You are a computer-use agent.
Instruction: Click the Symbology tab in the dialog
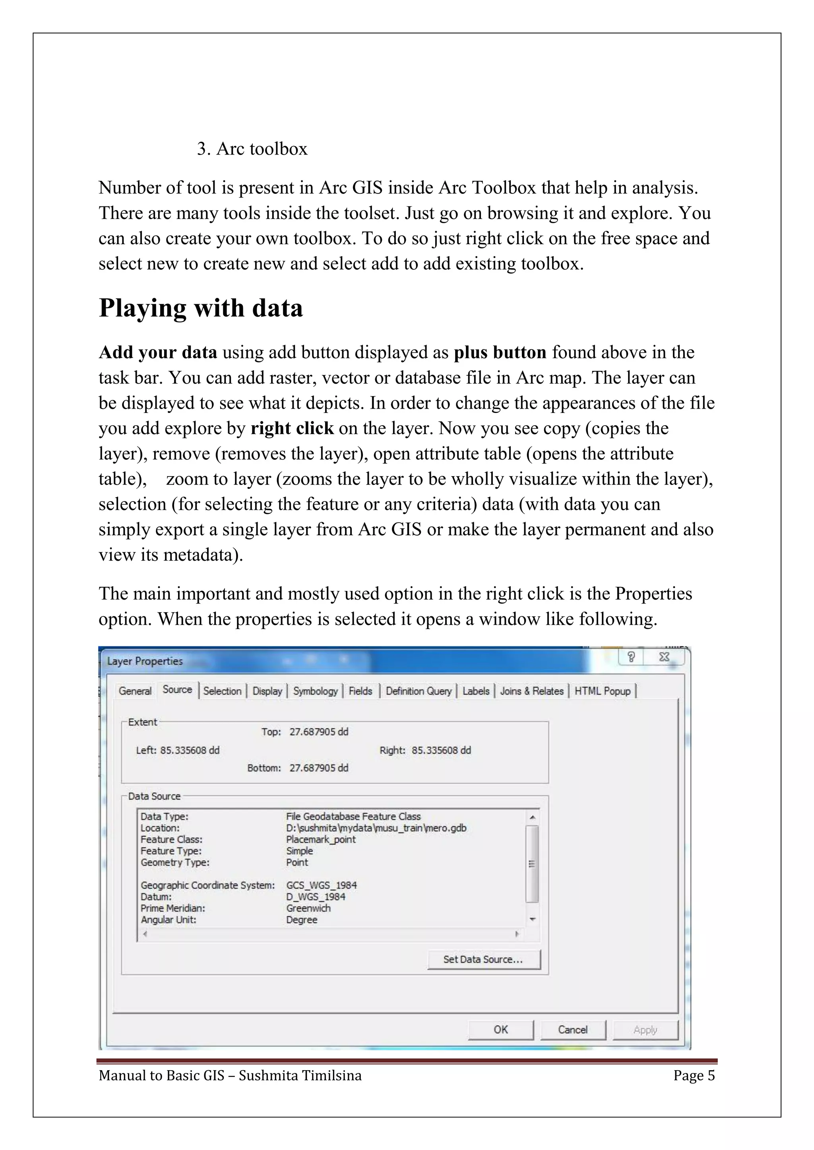click(x=315, y=691)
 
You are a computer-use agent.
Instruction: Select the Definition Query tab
click(x=419, y=691)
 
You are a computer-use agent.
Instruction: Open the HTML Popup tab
click(x=603, y=691)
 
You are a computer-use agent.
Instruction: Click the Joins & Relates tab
click(x=532, y=691)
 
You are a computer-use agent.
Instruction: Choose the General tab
click(x=135, y=691)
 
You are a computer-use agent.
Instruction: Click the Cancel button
click(x=573, y=1030)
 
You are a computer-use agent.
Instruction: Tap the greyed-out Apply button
click(x=645, y=1030)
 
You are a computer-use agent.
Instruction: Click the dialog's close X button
click(x=664, y=657)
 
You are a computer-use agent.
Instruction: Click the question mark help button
click(x=631, y=657)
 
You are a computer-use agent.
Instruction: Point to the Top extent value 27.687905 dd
click(x=319, y=732)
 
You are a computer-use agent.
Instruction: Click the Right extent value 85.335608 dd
click(x=441, y=750)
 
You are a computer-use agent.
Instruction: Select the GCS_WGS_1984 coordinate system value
click(x=321, y=886)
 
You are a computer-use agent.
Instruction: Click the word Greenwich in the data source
click(x=308, y=908)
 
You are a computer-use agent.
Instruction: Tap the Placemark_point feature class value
click(x=321, y=839)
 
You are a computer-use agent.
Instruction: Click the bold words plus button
click(x=500, y=353)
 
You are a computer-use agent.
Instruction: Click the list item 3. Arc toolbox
click(x=252, y=149)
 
